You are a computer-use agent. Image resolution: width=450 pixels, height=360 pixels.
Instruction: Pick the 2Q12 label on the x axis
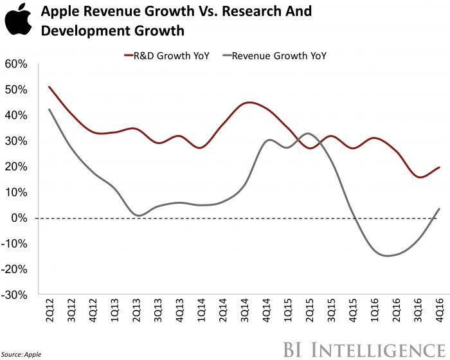49,315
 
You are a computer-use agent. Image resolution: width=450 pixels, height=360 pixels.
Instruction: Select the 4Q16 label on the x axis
440,315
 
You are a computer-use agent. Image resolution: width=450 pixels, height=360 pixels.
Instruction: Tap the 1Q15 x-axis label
288,315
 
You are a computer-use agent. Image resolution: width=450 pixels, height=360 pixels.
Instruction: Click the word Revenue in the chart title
109,12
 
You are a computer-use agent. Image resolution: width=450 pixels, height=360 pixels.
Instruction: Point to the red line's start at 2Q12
49,87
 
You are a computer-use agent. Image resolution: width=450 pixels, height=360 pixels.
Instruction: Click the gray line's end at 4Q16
439,208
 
